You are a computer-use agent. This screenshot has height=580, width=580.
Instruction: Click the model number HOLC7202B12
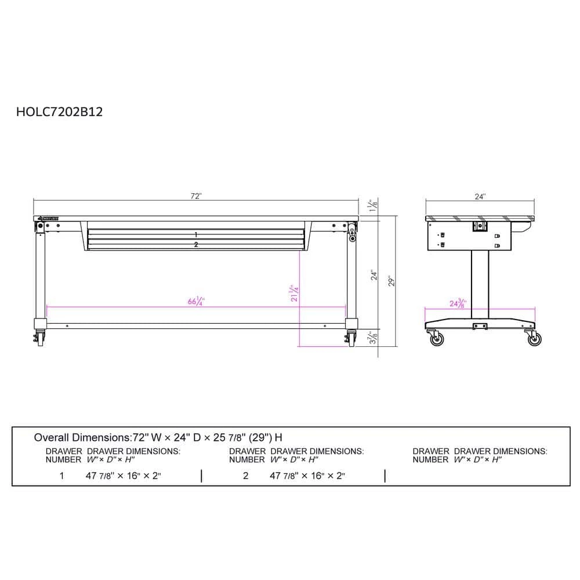point(60,112)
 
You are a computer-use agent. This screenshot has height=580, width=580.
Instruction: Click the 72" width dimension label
point(196,196)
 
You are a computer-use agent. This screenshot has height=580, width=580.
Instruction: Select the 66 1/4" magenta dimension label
point(197,302)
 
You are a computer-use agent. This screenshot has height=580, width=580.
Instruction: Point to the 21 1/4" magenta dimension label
point(295,293)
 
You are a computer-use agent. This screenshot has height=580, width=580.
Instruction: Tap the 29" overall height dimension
point(392,281)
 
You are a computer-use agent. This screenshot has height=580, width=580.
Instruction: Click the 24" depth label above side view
point(480,197)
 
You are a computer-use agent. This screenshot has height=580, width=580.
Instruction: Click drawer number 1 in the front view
point(196,234)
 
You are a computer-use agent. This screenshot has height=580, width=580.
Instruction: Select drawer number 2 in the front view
point(196,245)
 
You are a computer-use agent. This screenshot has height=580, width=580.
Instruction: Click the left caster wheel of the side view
point(436,339)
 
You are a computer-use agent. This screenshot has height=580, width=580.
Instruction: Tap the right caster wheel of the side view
point(534,339)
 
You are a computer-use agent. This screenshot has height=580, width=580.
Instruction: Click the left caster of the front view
point(39,338)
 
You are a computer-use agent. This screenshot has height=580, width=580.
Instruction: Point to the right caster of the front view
point(351,338)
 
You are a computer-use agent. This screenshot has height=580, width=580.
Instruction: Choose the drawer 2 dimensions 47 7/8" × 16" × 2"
point(307,476)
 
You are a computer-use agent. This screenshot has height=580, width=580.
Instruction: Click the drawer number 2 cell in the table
point(246,476)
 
